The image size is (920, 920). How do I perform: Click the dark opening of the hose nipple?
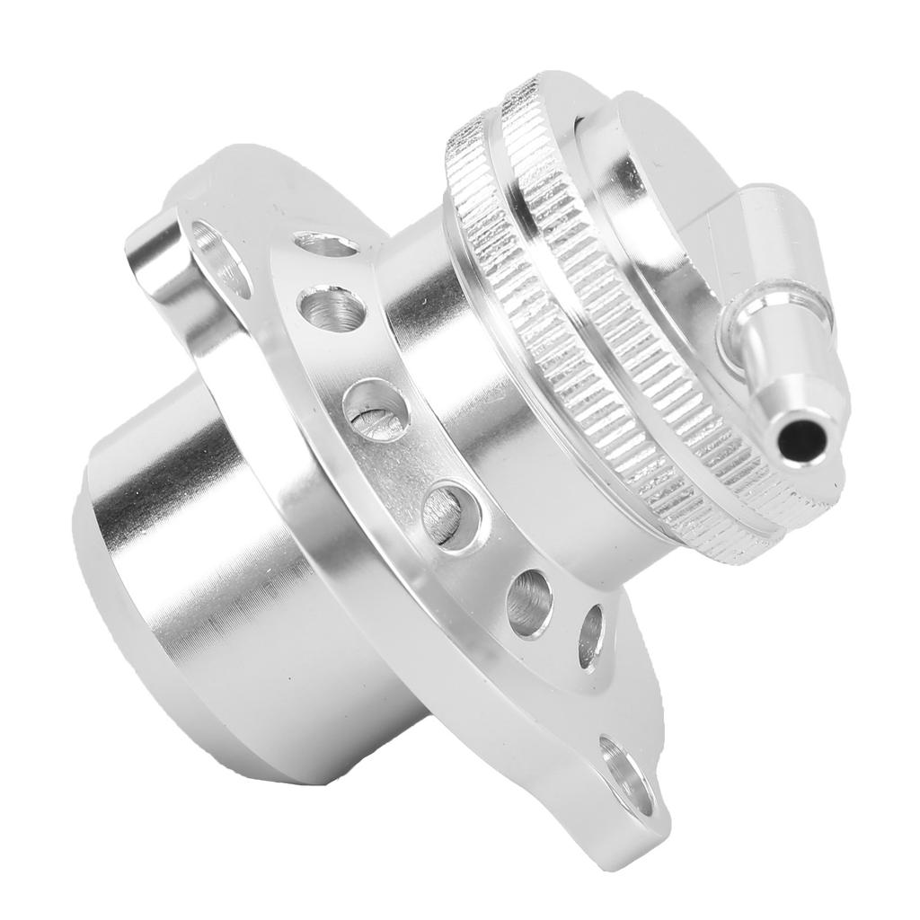click(x=801, y=438)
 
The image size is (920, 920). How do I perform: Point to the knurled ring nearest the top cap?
click(x=575, y=270)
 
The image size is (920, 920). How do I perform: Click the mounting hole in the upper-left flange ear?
click(x=219, y=257)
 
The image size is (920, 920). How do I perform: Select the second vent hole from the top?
click(x=332, y=308)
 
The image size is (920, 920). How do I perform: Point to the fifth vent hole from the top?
click(x=529, y=603)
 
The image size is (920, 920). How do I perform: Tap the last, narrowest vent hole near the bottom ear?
click(x=590, y=636)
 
